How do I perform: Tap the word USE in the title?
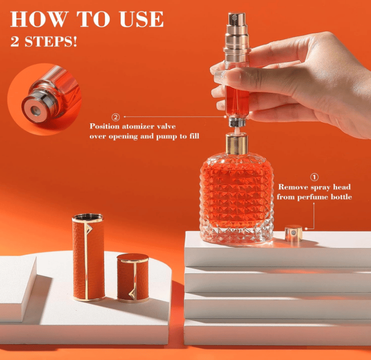142,19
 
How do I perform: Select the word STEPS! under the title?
51,42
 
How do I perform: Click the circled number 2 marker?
115,117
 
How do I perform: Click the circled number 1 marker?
314,177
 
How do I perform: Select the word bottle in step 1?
341,197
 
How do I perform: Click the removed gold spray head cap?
294,234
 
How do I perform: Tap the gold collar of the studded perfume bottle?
237,143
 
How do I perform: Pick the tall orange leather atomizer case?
88,257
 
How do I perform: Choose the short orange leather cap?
133,278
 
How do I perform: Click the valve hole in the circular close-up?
35,110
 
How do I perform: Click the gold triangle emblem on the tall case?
89,229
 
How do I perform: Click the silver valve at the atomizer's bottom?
237,122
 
